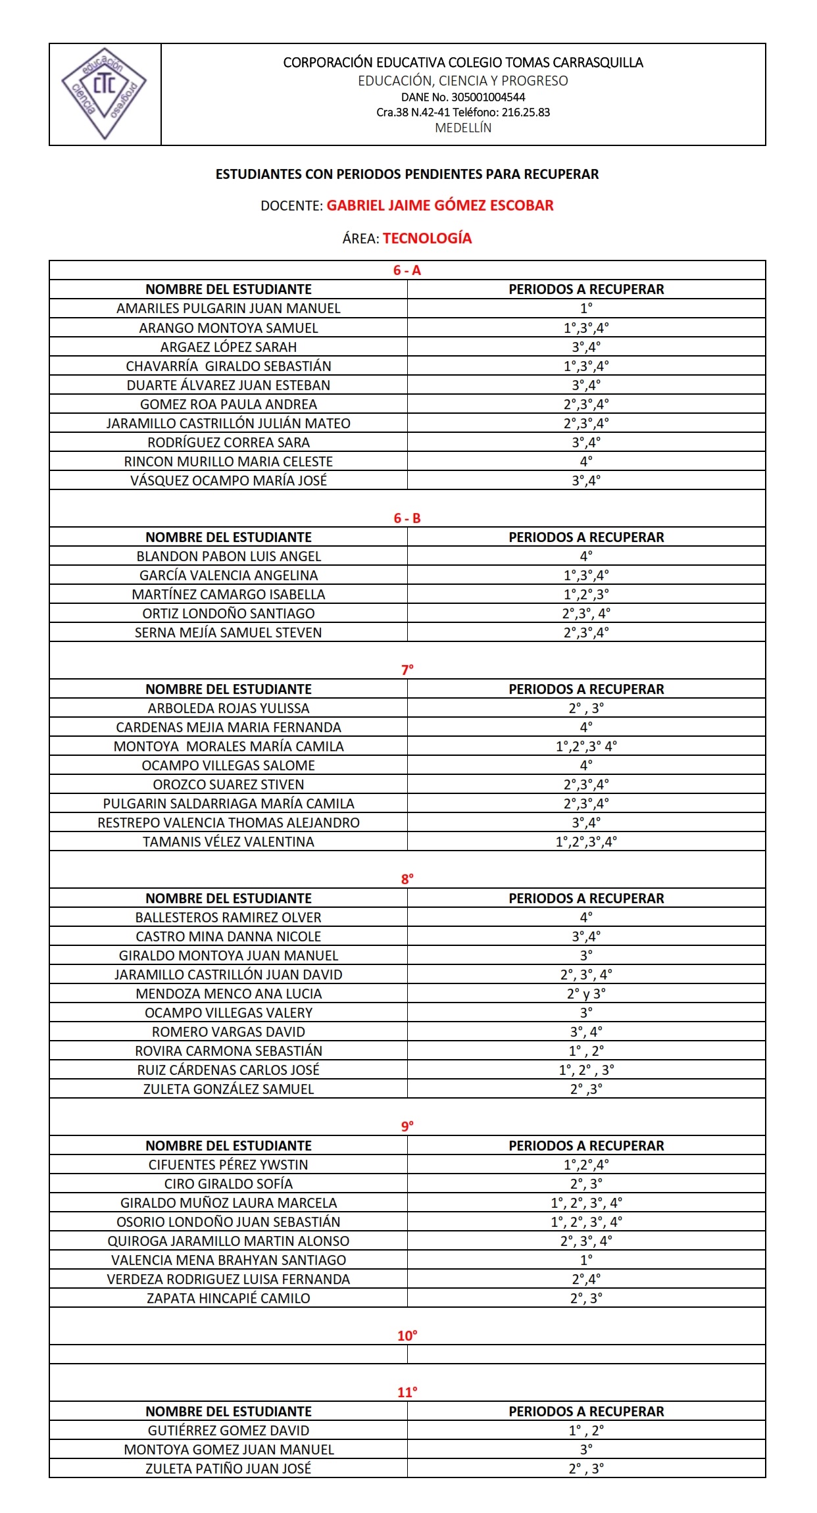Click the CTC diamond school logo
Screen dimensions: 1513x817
tap(104, 94)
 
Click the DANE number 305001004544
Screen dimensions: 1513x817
tap(463, 97)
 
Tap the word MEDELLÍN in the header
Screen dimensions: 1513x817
tap(463, 128)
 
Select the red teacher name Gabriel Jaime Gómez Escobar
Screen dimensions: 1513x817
tap(440, 205)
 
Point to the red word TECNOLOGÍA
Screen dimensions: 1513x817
tap(428, 238)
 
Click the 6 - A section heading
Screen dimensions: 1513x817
tap(407, 270)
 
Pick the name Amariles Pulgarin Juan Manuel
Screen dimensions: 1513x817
tap(228, 309)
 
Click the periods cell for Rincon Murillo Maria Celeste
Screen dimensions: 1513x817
tap(586, 461)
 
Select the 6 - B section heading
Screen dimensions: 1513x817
tap(407, 518)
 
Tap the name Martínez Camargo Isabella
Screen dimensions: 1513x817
tap(228, 595)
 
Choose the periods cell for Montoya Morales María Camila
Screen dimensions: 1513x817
tap(586, 747)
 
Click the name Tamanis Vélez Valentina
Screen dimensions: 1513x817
tap(228, 842)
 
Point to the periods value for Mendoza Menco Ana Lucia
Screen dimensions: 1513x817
tap(586, 994)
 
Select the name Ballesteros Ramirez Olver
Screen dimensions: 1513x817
tap(228, 918)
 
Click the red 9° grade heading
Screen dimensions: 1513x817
tap(407, 1126)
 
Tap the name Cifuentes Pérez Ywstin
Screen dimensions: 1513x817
tap(228, 1165)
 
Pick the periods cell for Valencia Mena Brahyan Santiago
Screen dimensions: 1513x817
tap(586, 1260)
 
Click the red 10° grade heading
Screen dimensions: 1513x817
tap(407, 1336)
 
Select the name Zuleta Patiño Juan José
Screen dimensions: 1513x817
tap(228, 1469)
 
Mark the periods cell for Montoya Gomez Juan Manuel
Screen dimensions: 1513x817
tap(586, 1450)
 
